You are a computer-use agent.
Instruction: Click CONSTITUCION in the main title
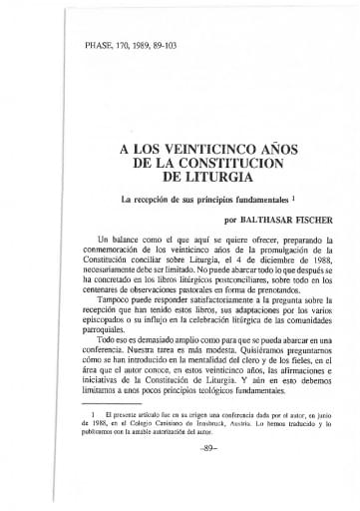(x=208, y=164)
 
